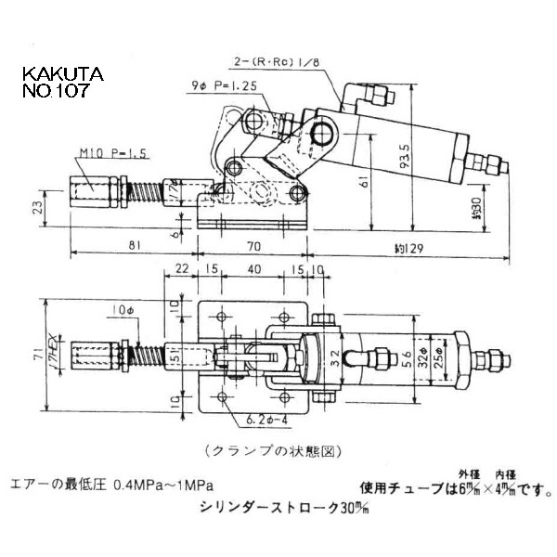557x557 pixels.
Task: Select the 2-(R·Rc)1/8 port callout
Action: coord(279,63)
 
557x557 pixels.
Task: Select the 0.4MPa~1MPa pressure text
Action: coord(163,485)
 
